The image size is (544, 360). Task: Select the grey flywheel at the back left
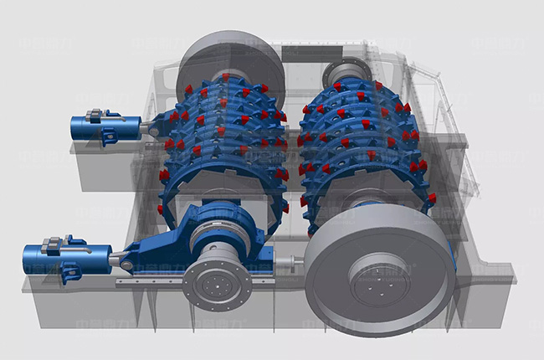point(226,59)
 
